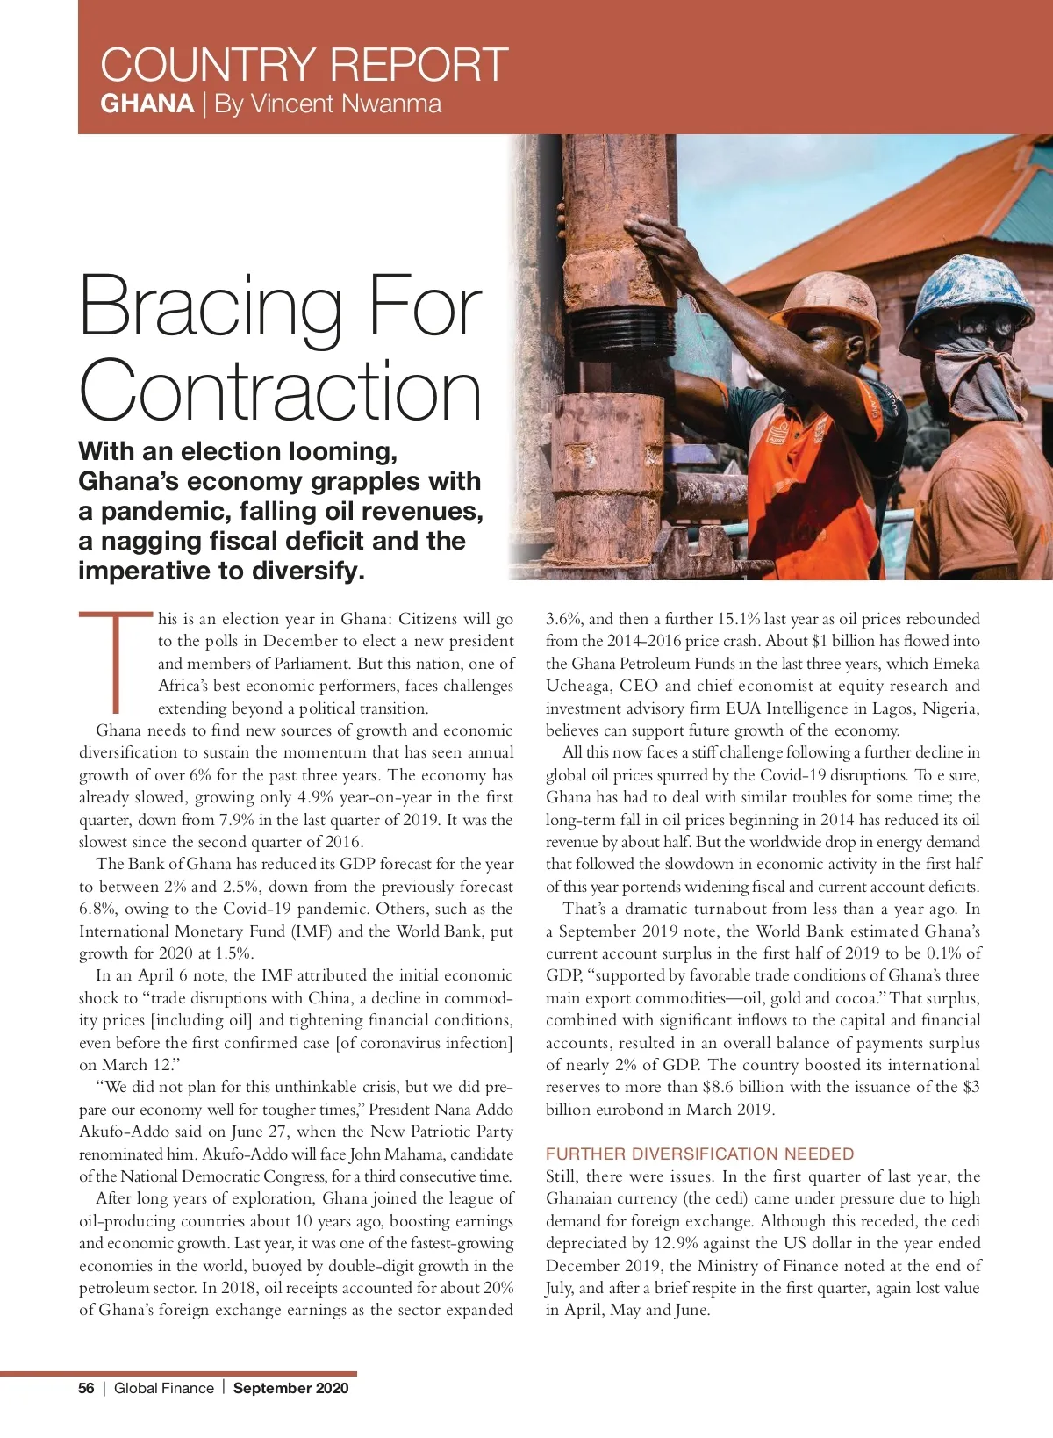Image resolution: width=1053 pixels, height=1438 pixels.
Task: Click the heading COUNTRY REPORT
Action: pyautogui.click(x=304, y=64)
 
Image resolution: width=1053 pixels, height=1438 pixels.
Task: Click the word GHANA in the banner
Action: pyautogui.click(x=147, y=104)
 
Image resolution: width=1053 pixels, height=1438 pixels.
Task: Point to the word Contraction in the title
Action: pyautogui.click(x=281, y=392)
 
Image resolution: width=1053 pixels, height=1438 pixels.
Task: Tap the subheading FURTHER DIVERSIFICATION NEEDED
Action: pyautogui.click(x=699, y=1154)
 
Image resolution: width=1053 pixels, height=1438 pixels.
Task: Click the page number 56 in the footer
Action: pyautogui.click(x=86, y=1388)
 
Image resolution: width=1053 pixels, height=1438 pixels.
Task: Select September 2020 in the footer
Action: pyautogui.click(x=290, y=1388)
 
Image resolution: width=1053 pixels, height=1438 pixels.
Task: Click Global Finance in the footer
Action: pyautogui.click(x=164, y=1388)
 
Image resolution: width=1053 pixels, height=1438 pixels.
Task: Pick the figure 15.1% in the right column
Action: pyautogui.click(x=740, y=619)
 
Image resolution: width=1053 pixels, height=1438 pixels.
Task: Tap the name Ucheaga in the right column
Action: pyautogui.click(x=578, y=686)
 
